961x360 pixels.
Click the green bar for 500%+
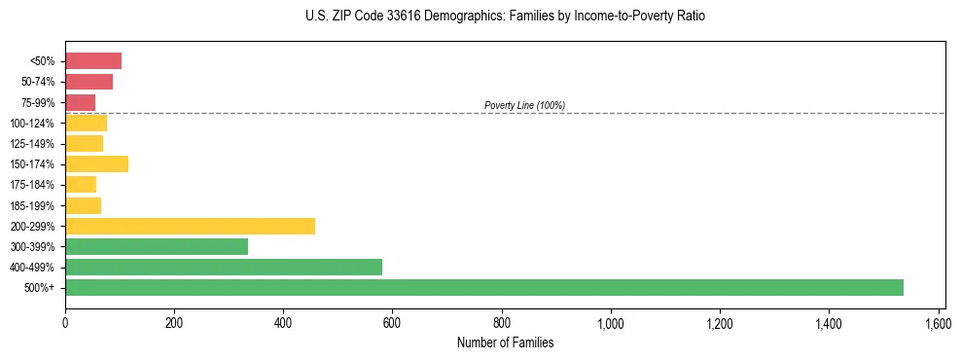click(x=484, y=287)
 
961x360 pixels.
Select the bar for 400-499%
click(x=224, y=267)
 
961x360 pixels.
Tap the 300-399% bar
click(x=157, y=246)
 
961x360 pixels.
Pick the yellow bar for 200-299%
click(x=190, y=226)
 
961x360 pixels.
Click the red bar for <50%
click(x=93, y=61)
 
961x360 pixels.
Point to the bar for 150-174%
click(x=96, y=163)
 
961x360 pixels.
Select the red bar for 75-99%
click(x=80, y=102)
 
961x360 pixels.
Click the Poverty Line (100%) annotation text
click(x=524, y=105)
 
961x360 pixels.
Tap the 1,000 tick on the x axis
click(x=611, y=322)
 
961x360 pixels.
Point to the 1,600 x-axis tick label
click(x=939, y=322)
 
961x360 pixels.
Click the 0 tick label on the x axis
click(x=65, y=322)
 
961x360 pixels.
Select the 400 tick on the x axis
click(x=283, y=322)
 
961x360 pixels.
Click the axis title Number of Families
click(x=505, y=342)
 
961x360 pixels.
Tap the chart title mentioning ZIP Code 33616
click(x=505, y=17)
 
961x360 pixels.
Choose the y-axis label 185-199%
click(x=32, y=205)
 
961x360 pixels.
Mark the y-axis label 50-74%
click(x=36, y=82)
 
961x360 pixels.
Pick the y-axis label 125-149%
click(x=32, y=144)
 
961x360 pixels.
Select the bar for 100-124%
click(x=86, y=123)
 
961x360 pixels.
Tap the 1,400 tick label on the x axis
click(x=829, y=322)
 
